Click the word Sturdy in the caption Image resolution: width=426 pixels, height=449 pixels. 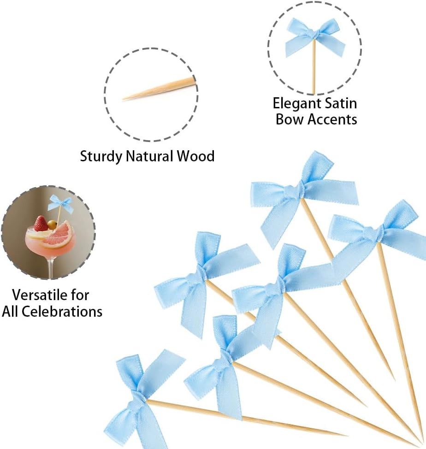(101, 157)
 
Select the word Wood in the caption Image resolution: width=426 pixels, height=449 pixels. (196, 156)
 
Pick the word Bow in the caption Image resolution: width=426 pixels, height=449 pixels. (289, 119)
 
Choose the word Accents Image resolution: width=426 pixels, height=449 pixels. (332, 119)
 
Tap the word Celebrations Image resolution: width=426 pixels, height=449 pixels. (62, 312)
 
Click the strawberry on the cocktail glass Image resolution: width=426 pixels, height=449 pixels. (41, 224)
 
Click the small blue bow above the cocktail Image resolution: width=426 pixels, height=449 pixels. (60, 203)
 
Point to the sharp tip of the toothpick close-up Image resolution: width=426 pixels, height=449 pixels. (123, 100)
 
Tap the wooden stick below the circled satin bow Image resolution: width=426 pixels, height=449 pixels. (314, 66)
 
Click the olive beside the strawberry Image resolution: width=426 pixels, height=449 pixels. (52, 224)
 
